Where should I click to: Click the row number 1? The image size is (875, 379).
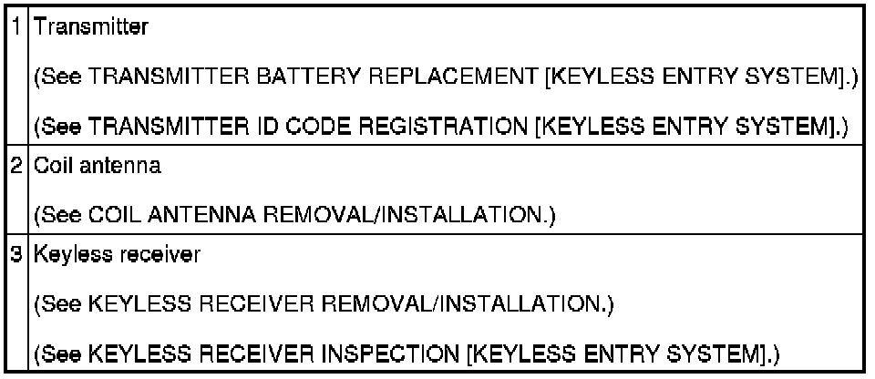click(x=21, y=27)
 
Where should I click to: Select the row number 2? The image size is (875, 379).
click(x=21, y=167)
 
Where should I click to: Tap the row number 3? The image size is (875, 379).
click(x=21, y=256)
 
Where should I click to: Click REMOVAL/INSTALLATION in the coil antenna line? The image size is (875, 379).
click(x=396, y=216)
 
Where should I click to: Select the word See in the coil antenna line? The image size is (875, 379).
click(x=57, y=216)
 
